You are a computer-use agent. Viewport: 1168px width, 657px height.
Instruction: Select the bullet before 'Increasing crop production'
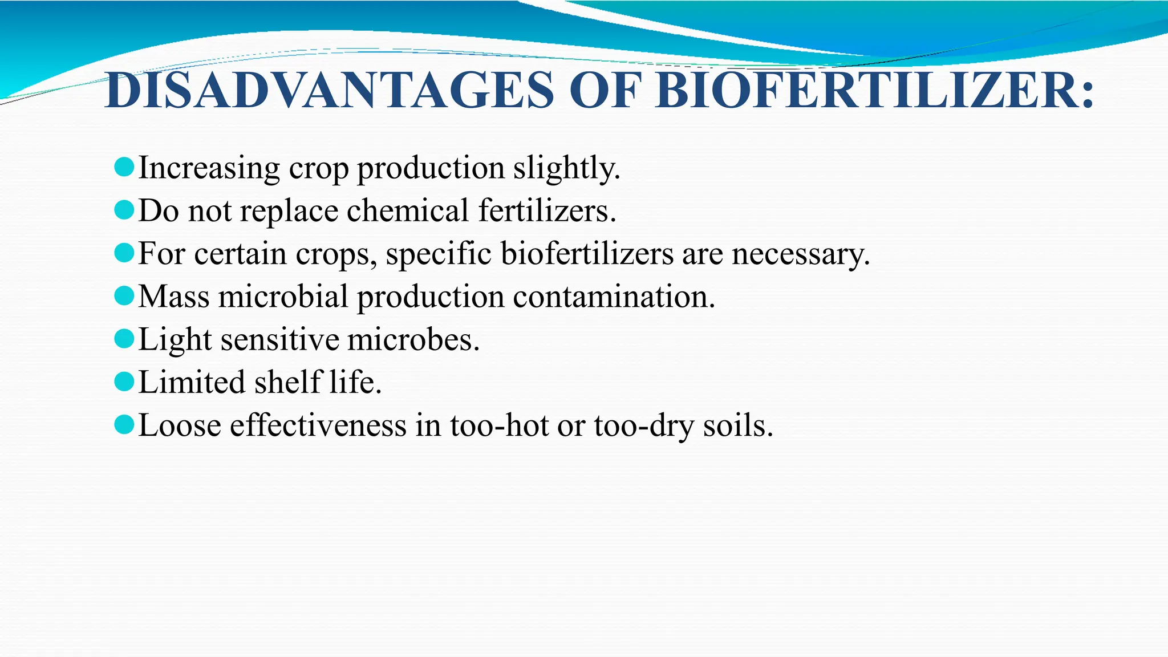pos(124,167)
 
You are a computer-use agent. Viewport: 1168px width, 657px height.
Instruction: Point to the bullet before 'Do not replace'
pos(124,210)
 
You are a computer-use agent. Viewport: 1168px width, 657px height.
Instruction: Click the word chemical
pos(407,210)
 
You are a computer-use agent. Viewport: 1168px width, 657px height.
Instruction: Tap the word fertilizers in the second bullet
pos(547,210)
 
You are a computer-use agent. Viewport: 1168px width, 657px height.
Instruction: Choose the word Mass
pos(174,297)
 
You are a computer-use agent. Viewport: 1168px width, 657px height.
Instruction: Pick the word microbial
pos(283,297)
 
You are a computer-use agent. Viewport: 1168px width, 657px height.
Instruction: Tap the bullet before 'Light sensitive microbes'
pos(124,339)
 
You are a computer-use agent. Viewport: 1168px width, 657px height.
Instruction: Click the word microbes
pos(413,340)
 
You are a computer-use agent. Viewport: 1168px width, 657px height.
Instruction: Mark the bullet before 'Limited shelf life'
pos(124,382)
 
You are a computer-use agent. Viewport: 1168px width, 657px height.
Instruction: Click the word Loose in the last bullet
pos(180,425)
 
